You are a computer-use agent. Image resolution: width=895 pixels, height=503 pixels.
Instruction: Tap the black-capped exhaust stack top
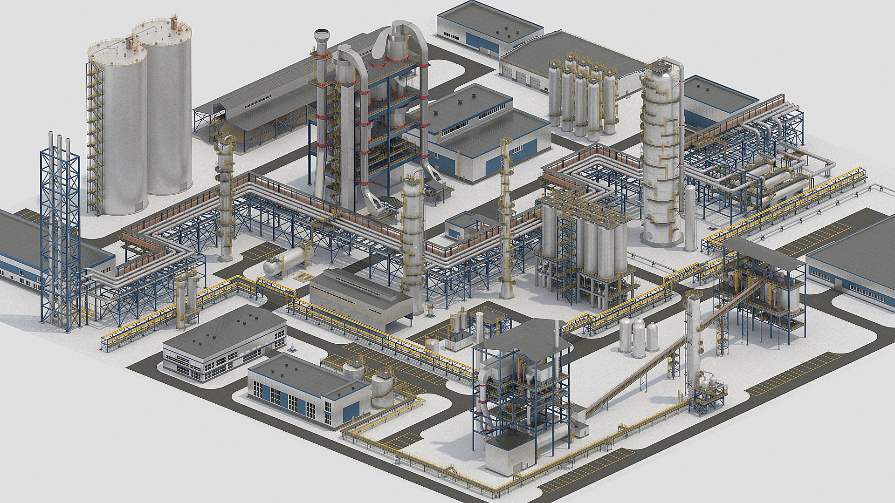click(321, 35)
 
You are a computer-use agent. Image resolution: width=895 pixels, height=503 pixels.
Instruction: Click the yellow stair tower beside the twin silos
click(95, 140)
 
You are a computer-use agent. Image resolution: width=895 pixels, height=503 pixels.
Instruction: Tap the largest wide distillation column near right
click(660, 158)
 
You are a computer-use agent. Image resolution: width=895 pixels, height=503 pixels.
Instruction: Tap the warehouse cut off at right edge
click(853, 270)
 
